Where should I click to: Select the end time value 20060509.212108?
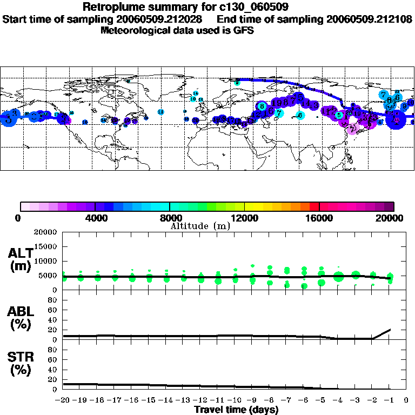coord(369,19)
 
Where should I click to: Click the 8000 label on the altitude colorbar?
coord(170,218)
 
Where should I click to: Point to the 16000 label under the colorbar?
coord(320,218)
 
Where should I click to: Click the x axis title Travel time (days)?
coord(236,410)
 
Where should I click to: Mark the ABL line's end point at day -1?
coord(390,329)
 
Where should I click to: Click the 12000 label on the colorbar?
coord(245,218)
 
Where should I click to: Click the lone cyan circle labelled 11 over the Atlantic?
coord(160,111)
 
